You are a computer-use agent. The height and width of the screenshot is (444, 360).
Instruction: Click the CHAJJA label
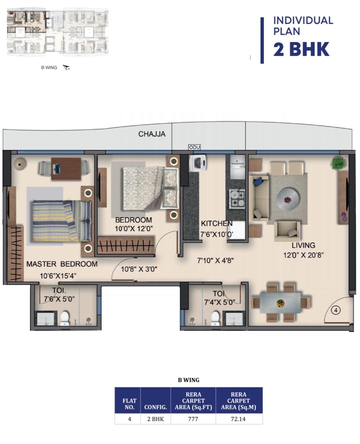click(x=152, y=134)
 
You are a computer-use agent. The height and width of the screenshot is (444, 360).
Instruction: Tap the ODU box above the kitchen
click(x=194, y=147)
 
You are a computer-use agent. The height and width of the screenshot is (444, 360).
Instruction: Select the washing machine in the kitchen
click(x=198, y=163)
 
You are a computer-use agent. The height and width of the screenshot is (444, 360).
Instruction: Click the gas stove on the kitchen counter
click(x=237, y=198)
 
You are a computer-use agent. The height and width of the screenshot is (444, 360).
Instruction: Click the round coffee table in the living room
click(x=288, y=199)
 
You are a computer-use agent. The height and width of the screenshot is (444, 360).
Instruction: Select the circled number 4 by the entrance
click(x=336, y=310)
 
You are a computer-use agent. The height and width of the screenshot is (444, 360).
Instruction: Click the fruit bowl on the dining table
click(x=280, y=303)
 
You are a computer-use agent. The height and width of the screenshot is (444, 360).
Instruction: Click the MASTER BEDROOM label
click(x=62, y=264)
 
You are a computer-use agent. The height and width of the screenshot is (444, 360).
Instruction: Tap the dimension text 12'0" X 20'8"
click(x=303, y=255)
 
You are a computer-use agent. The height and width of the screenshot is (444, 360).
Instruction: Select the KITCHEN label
click(x=217, y=223)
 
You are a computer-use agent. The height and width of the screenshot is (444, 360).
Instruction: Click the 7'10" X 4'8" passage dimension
click(x=216, y=260)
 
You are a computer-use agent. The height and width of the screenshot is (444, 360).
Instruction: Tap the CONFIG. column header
click(x=156, y=407)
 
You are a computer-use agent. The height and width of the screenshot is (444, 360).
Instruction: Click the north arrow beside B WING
click(x=66, y=67)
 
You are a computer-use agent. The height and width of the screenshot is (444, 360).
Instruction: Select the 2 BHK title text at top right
click(x=301, y=49)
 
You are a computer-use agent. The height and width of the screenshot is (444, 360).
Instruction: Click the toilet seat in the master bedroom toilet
click(x=65, y=318)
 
